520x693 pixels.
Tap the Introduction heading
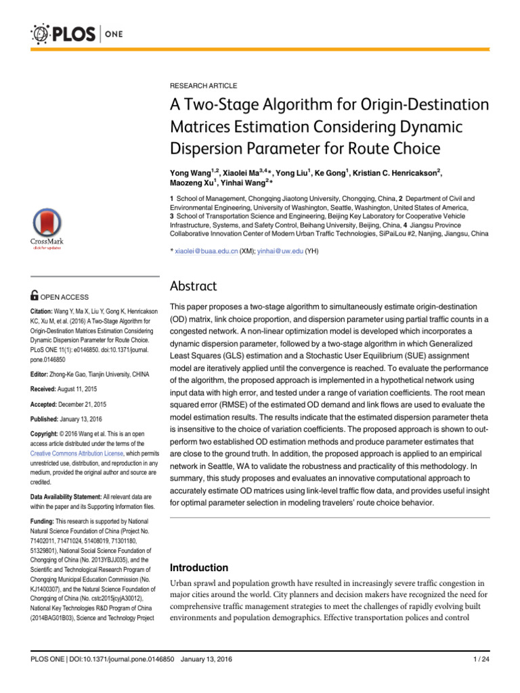point(198,567)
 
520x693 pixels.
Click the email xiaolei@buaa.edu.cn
point(206,251)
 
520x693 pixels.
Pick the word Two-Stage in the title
point(222,105)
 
